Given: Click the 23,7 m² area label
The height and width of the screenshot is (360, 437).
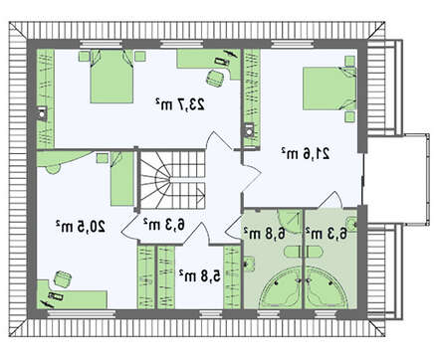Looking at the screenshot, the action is [179, 104].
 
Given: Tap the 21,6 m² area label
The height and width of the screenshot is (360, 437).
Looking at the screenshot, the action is [306, 153].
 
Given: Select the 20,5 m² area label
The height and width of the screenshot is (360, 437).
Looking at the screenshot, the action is [81, 227].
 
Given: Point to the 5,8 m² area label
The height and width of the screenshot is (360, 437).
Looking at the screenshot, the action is [200, 275].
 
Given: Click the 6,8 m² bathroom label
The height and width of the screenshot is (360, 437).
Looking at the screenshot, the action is [265, 233].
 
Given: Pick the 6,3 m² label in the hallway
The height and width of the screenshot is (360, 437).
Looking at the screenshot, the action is [164, 225].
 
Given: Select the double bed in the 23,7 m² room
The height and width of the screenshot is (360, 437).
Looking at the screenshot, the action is [111, 77].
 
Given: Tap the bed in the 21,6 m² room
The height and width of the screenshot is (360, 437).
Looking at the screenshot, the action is [329, 89].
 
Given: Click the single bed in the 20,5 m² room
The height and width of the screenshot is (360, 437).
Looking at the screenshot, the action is [122, 179].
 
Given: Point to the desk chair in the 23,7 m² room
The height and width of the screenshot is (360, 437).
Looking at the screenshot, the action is [215, 78].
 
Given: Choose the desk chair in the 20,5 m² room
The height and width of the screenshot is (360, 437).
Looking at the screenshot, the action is [62, 279].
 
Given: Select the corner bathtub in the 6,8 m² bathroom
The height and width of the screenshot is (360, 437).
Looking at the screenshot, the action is [281, 287].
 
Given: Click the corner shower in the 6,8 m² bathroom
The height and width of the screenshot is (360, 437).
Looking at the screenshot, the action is [290, 221].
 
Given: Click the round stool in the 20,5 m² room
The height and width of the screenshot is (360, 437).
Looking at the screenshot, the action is [53, 169].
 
